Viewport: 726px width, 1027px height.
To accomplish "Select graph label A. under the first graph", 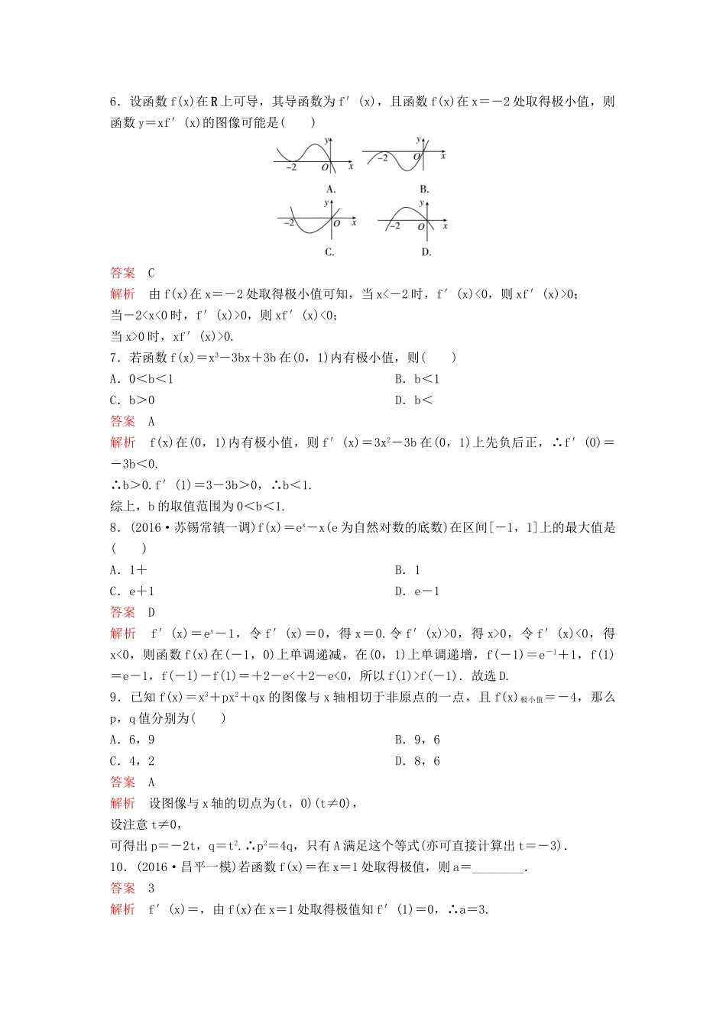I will pos(331,189).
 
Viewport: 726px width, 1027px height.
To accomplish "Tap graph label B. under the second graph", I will pos(424,189).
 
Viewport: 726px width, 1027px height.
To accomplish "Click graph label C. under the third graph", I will pos(329,251).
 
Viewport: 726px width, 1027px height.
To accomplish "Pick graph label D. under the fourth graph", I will pos(426,251).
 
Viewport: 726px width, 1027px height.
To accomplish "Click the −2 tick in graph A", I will pos(290,167).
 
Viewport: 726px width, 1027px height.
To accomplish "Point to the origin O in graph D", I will pos(421,227).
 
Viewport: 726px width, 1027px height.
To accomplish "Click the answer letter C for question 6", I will pos(151,273).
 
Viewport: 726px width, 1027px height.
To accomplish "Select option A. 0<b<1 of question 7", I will pos(142,379).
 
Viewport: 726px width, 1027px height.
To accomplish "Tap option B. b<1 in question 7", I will pos(417,379).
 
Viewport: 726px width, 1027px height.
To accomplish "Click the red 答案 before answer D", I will pos(122,612).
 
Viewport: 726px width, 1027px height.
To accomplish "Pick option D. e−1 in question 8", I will pos(417,591).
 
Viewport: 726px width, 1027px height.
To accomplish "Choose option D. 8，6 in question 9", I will pos(417,761).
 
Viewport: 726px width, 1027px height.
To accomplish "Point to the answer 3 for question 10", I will pos(151,888).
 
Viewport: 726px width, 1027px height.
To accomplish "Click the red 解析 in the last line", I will pos(122,909).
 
